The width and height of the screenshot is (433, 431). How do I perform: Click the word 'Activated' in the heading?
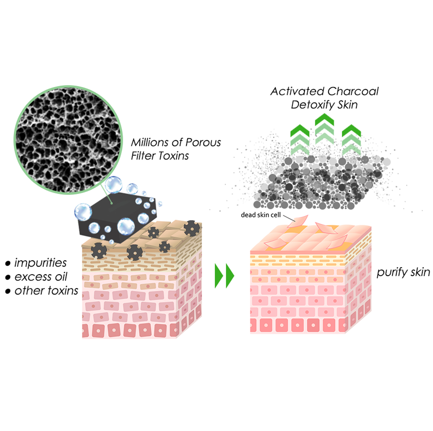297,91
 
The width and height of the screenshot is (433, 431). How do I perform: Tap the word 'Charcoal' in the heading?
353,91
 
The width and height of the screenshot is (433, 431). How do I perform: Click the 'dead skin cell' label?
261,215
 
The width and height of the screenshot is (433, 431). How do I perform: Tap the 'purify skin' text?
404,272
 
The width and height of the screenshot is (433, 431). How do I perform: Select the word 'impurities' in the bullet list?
40,263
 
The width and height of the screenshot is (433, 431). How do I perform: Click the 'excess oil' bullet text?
41,277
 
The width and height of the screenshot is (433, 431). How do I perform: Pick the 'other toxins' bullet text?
46,291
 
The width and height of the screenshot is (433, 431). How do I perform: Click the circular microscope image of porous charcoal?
68,140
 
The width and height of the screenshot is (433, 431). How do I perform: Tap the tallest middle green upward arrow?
324,129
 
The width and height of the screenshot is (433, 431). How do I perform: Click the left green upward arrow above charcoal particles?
300,139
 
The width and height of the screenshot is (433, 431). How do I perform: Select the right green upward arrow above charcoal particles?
351,139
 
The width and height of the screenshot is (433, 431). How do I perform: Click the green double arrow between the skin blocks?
224,276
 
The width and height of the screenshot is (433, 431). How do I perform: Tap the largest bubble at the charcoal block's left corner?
83,212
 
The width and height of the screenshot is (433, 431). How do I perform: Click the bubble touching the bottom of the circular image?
113,185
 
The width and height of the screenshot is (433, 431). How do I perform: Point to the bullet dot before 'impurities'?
8,263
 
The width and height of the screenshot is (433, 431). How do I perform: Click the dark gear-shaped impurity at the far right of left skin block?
192,228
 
